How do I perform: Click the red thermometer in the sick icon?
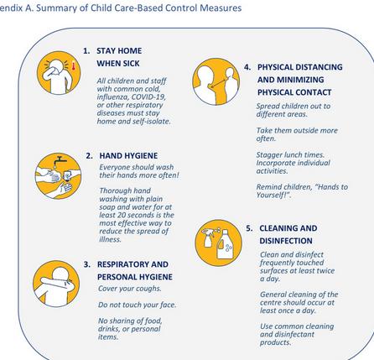tap(74, 65)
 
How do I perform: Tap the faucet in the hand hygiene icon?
tap(60, 160)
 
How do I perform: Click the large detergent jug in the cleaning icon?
tap(225, 244)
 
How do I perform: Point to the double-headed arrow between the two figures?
tap(219, 81)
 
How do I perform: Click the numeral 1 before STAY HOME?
tap(86, 51)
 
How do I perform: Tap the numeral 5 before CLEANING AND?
tap(249, 228)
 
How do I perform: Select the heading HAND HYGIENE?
tap(128, 156)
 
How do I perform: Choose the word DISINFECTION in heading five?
tap(286, 241)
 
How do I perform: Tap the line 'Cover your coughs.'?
tap(130, 289)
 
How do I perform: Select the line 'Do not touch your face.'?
tap(137, 305)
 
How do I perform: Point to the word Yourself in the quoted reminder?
tap(272, 195)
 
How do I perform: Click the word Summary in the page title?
tap(55, 8)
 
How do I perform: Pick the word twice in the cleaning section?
tap(325, 271)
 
